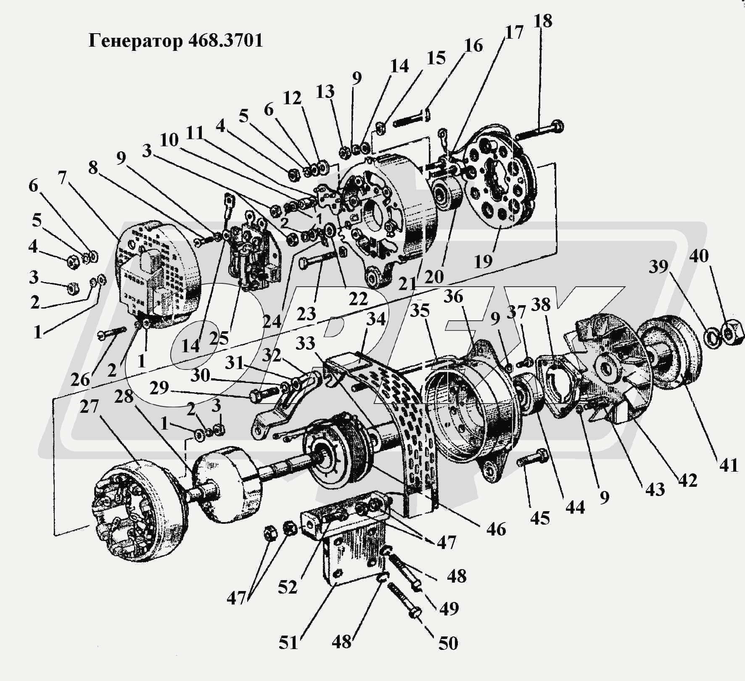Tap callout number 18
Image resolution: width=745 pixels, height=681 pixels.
click(543, 21)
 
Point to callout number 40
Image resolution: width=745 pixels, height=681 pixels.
click(699, 256)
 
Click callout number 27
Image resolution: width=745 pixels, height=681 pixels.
click(89, 407)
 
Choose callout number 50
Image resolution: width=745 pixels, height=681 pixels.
click(448, 643)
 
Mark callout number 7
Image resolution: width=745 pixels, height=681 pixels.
click(63, 178)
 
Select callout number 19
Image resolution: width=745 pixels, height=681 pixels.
click(483, 261)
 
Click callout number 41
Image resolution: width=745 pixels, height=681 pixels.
click(729, 465)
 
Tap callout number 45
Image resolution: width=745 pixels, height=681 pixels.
click(540, 518)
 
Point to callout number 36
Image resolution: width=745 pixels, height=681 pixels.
click(453, 297)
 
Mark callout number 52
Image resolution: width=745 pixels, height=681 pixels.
click(288, 587)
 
